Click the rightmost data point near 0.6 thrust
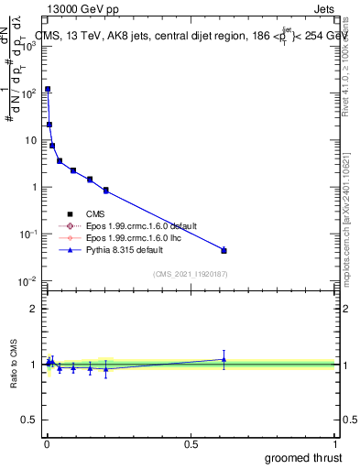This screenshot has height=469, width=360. tap(224, 250)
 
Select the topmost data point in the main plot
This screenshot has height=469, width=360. tap(48, 90)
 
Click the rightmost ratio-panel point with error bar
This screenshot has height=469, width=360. tap(224, 359)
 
